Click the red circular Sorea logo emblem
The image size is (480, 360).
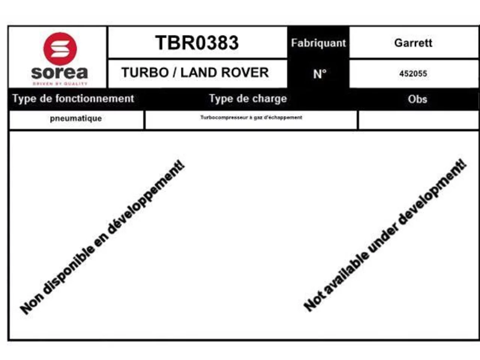pyautogui.click(x=60, y=49)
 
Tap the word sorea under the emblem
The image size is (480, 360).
pyautogui.click(x=60, y=73)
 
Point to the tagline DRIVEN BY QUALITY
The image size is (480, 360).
pyautogui.click(x=60, y=84)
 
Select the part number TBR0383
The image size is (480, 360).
pyautogui.click(x=197, y=43)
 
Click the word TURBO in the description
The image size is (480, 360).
pyautogui.click(x=145, y=72)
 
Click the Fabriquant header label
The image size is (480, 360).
pyautogui.click(x=318, y=43)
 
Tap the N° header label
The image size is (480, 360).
pyautogui.click(x=320, y=74)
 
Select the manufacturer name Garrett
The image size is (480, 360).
pyautogui.click(x=413, y=43)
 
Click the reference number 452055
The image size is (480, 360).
pyautogui.click(x=413, y=73)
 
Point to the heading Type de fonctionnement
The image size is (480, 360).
pyautogui.click(x=73, y=99)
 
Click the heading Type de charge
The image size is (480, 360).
pyautogui.click(x=248, y=99)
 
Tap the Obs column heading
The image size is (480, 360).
pyautogui.click(x=417, y=99)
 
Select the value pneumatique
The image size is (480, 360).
pyautogui.click(x=76, y=119)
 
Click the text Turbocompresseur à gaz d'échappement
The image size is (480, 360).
pyautogui.click(x=251, y=118)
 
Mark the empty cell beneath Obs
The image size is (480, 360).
pyautogui.click(x=419, y=120)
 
